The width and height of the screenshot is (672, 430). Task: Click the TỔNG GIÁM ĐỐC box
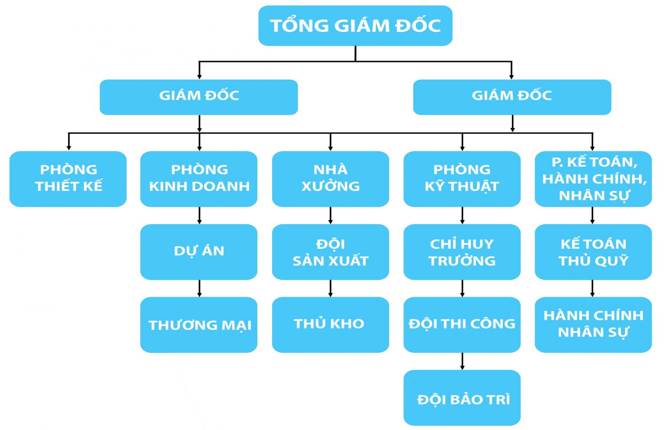click(355, 26)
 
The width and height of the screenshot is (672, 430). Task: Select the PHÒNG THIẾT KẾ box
click(68, 179)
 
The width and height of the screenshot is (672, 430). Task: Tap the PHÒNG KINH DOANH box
click(199, 179)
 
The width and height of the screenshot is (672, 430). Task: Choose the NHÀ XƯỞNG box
click(331, 179)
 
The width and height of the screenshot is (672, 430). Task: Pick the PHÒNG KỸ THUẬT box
click(462, 179)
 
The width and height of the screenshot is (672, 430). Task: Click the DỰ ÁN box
click(199, 251)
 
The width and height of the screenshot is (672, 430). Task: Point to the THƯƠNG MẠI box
click(199, 324)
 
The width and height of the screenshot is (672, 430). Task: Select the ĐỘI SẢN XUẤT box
click(331, 251)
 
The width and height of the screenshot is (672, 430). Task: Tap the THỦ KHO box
click(331, 324)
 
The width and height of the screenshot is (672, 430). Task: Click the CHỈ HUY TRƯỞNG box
click(462, 251)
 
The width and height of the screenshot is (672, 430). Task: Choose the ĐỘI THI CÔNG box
click(462, 324)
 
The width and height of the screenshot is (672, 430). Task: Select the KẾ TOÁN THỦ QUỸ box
click(593, 251)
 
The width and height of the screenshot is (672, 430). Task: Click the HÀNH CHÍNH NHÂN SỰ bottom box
click(593, 324)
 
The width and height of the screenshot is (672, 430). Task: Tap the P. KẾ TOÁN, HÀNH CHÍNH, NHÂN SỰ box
click(593, 179)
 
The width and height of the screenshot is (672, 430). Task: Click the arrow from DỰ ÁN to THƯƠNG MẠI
click(199, 288)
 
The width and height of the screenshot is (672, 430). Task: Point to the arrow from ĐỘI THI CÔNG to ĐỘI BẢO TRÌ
click(462, 361)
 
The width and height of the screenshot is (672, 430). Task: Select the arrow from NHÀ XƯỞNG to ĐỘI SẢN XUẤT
click(331, 215)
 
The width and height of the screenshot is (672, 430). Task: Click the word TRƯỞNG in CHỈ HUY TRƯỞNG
click(462, 261)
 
